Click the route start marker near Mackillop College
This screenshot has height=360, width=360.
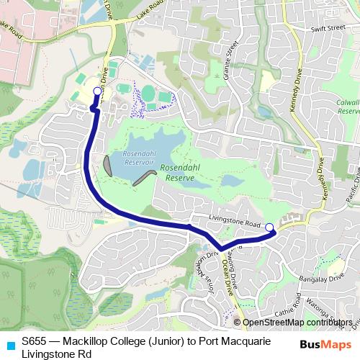[97, 91]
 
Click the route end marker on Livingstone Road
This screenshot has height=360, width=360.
[269, 228]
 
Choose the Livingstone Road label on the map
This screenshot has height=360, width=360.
[234, 224]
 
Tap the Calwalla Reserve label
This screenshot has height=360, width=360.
[348, 107]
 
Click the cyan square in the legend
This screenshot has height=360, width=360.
[9, 343]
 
